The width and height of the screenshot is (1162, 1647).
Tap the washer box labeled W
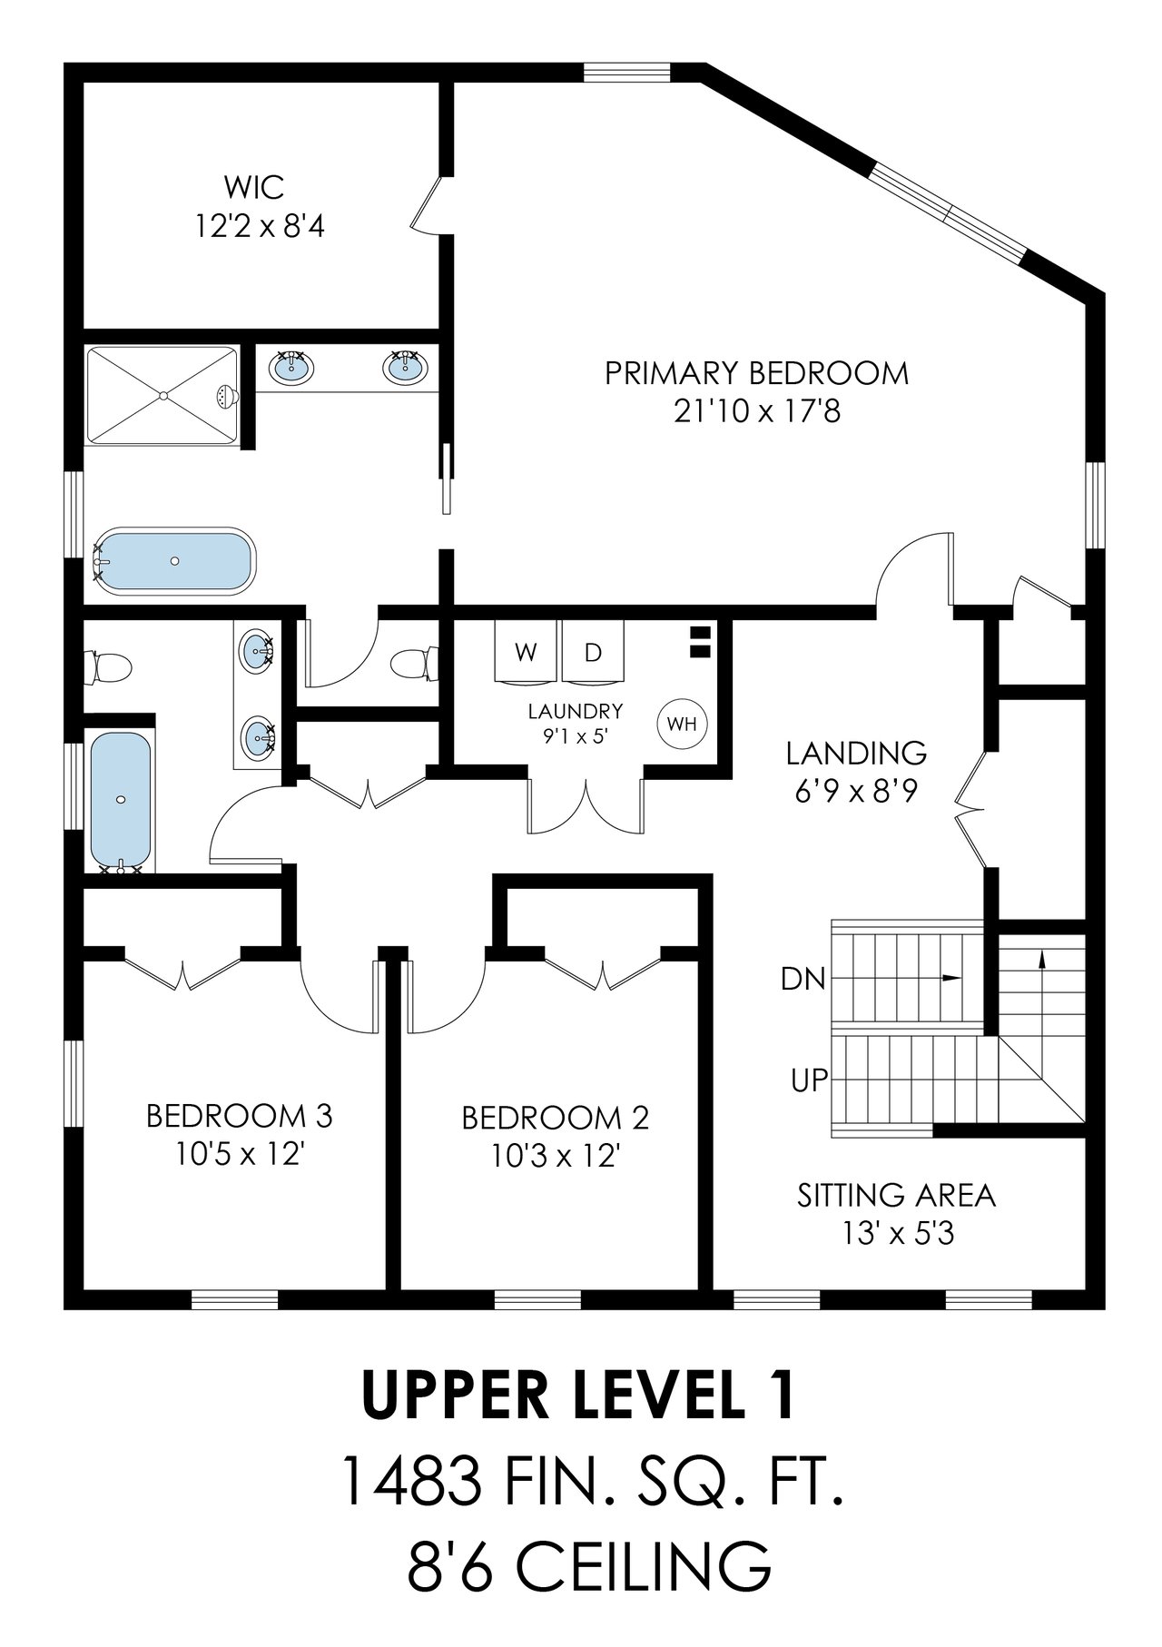[525, 652]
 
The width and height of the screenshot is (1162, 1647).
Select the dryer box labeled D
[592, 652]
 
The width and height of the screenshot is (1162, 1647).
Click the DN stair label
[803, 979]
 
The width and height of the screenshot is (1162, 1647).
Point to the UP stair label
[808, 1080]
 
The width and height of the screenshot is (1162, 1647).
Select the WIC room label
[253, 187]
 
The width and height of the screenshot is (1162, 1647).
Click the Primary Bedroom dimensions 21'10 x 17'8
[756, 412]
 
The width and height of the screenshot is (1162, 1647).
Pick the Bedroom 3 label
[239, 1115]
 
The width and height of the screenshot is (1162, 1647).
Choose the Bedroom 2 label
[555, 1117]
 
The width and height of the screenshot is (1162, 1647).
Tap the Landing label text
[855, 753]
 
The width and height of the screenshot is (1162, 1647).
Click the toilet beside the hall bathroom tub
[108, 669]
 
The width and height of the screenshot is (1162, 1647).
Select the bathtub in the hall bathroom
[121, 800]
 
